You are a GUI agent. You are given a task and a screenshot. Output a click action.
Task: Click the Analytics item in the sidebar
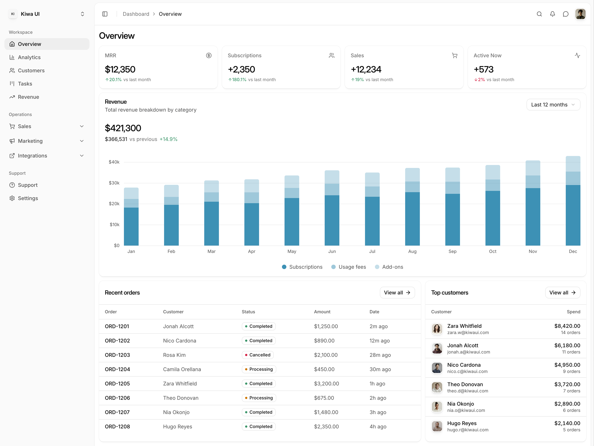[x=29, y=57]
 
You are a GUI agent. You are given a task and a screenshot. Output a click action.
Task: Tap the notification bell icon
[x=552, y=14]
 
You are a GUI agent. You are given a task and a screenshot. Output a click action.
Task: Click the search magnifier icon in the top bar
[x=539, y=14]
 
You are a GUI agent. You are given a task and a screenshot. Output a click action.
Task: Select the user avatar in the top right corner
[x=580, y=14]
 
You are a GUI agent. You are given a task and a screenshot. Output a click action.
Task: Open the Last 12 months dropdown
[x=553, y=105]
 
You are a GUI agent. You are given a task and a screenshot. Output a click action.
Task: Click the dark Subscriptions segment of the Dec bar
[x=573, y=215]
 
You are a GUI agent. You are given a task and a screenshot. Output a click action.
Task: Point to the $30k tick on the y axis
[x=114, y=183]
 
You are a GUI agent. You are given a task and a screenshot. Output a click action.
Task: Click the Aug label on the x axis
[x=412, y=251]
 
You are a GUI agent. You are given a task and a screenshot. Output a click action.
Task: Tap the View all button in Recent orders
[x=397, y=293]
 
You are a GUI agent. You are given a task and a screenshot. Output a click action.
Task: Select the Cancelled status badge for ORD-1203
[x=258, y=355]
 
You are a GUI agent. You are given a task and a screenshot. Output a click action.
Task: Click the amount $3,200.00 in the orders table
[x=326, y=384]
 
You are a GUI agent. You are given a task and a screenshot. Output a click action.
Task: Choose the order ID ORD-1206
[x=117, y=398]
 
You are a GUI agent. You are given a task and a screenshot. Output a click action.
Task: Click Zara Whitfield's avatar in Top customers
[x=437, y=329]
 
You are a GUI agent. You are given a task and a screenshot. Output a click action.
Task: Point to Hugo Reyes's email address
[x=467, y=430]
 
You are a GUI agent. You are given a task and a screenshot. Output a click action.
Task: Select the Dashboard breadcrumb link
[x=136, y=14]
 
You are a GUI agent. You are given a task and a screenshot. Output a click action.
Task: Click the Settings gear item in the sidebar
[x=28, y=198]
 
